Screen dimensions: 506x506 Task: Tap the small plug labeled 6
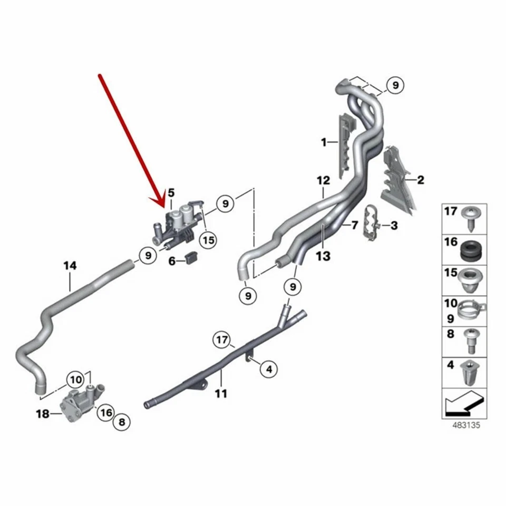tap(191, 258)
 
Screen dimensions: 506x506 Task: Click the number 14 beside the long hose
tap(70, 266)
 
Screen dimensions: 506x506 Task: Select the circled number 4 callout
tap(268, 369)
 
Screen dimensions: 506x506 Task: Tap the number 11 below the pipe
tap(221, 393)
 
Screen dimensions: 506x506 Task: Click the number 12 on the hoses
tap(323, 180)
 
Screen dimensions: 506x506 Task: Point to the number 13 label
tap(323, 256)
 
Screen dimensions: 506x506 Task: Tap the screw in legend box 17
tap(471, 217)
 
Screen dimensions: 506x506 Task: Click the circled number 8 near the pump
tap(122, 422)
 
